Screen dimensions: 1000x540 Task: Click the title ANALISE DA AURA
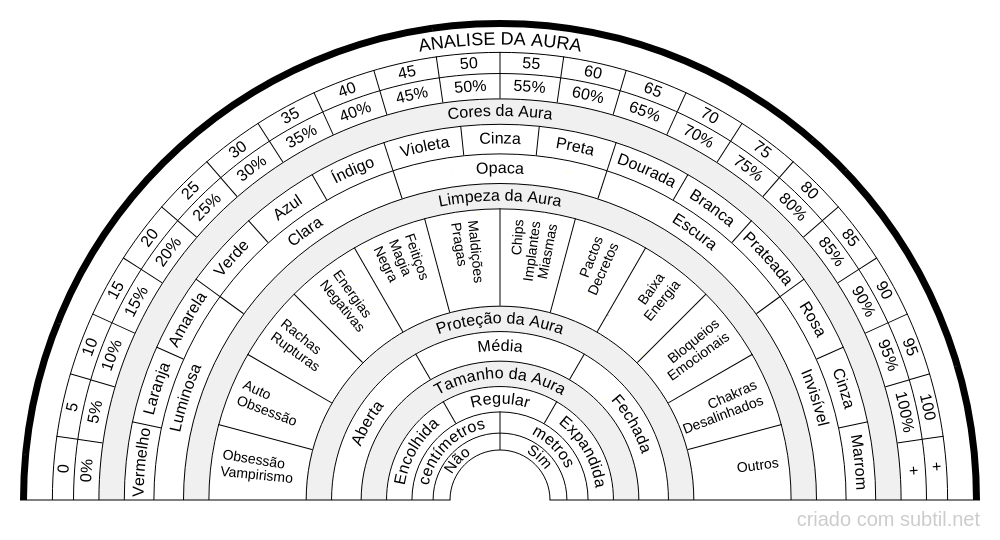(500, 43)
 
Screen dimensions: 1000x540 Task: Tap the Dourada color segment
(645, 170)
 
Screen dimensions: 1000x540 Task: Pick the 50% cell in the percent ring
(471, 86)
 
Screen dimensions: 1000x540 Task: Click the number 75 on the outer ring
(762, 149)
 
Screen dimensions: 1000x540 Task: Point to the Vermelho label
(141, 461)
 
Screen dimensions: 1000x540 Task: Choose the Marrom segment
(858, 462)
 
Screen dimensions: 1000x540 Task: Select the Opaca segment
(500, 169)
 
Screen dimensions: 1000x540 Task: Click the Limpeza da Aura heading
(500, 198)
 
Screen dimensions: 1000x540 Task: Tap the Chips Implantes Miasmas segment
(534, 251)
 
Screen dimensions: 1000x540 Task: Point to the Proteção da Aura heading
(500, 323)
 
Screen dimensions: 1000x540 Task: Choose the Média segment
(500, 346)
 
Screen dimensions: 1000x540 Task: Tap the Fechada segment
(631, 423)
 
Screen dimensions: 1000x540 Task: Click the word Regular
(500, 400)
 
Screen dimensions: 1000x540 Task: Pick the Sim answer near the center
(540, 456)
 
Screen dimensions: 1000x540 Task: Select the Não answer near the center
(457, 460)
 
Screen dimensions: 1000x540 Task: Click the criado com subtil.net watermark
(888, 520)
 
